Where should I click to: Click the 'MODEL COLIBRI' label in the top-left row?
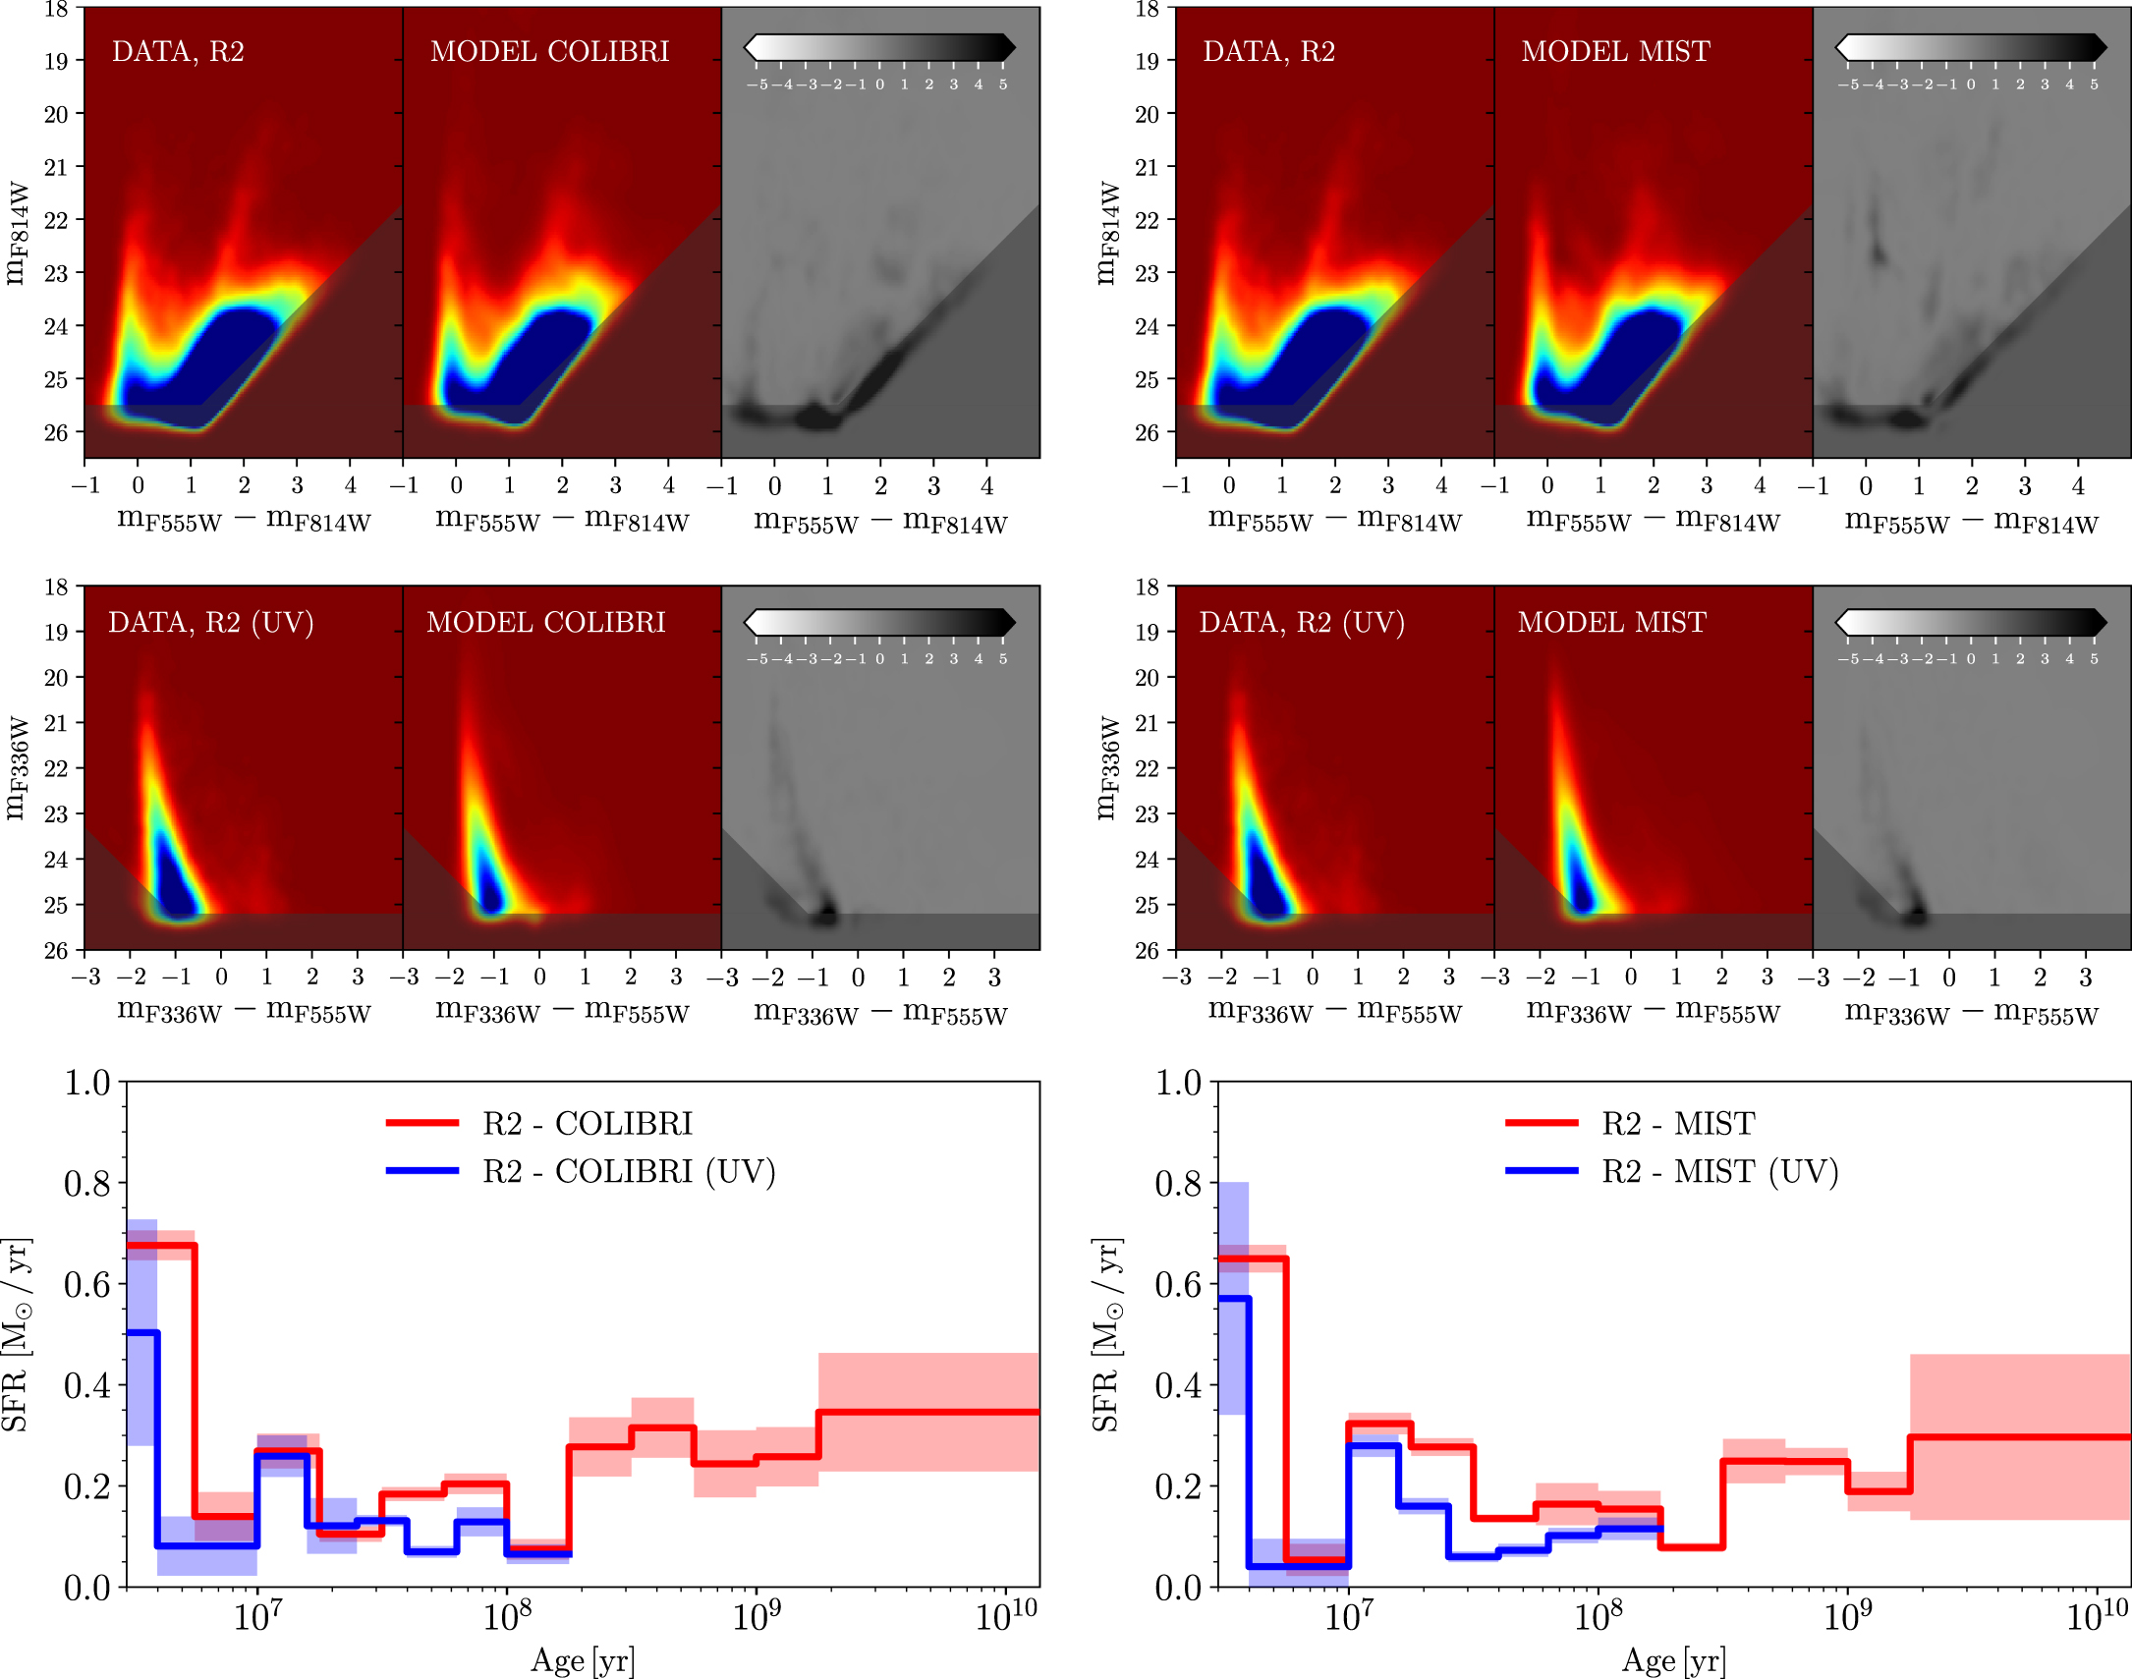[549, 51]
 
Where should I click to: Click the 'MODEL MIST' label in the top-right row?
[1615, 51]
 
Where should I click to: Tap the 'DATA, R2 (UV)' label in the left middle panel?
[210, 622]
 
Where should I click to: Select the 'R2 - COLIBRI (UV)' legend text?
[628, 1172]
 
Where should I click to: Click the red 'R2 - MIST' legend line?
[1542, 1123]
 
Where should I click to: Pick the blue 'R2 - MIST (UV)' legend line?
[1542, 1171]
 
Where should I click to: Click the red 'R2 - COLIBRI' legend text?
[587, 1123]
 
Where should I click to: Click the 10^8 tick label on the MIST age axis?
[1598, 1616]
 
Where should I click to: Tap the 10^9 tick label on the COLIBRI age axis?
[756, 1616]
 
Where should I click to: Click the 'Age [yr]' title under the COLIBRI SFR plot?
[582, 1660]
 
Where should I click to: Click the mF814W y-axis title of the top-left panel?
[17, 233]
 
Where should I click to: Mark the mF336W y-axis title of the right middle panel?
[1108, 767]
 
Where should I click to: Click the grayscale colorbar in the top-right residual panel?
[1970, 47]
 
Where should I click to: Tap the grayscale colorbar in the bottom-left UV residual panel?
[878, 622]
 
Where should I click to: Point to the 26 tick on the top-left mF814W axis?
[56, 432]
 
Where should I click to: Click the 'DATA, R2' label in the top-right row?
[1268, 51]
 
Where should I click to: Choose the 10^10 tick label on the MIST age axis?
[2097, 1616]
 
